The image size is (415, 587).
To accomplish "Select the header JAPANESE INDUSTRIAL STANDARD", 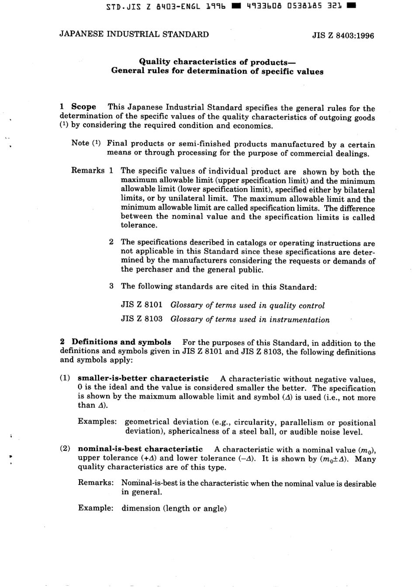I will click(x=134, y=34).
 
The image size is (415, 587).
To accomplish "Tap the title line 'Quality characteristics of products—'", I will click(x=217, y=62).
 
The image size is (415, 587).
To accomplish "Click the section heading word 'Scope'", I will click(x=83, y=107).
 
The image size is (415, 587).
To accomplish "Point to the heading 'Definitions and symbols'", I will click(x=121, y=342).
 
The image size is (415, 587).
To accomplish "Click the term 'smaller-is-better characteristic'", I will click(x=143, y=378).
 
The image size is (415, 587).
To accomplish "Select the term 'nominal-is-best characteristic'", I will click(x=140, y=449).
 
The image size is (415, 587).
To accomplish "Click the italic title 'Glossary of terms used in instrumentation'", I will click(x=250, y=319).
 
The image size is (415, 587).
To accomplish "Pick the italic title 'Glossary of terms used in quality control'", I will click(x=247, y=306).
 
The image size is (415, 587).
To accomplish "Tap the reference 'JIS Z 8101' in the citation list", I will click(x=142, y=305).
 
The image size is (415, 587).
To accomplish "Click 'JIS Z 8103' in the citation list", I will click(x=142, y=319).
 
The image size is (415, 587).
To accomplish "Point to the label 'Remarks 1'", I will click(x=93, y=171).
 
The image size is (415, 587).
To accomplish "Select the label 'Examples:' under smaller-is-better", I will click(x=97, y=422).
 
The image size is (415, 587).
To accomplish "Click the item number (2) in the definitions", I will click(x=65, y=449).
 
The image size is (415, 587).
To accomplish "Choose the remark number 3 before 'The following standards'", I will click(x=111, y=286).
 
